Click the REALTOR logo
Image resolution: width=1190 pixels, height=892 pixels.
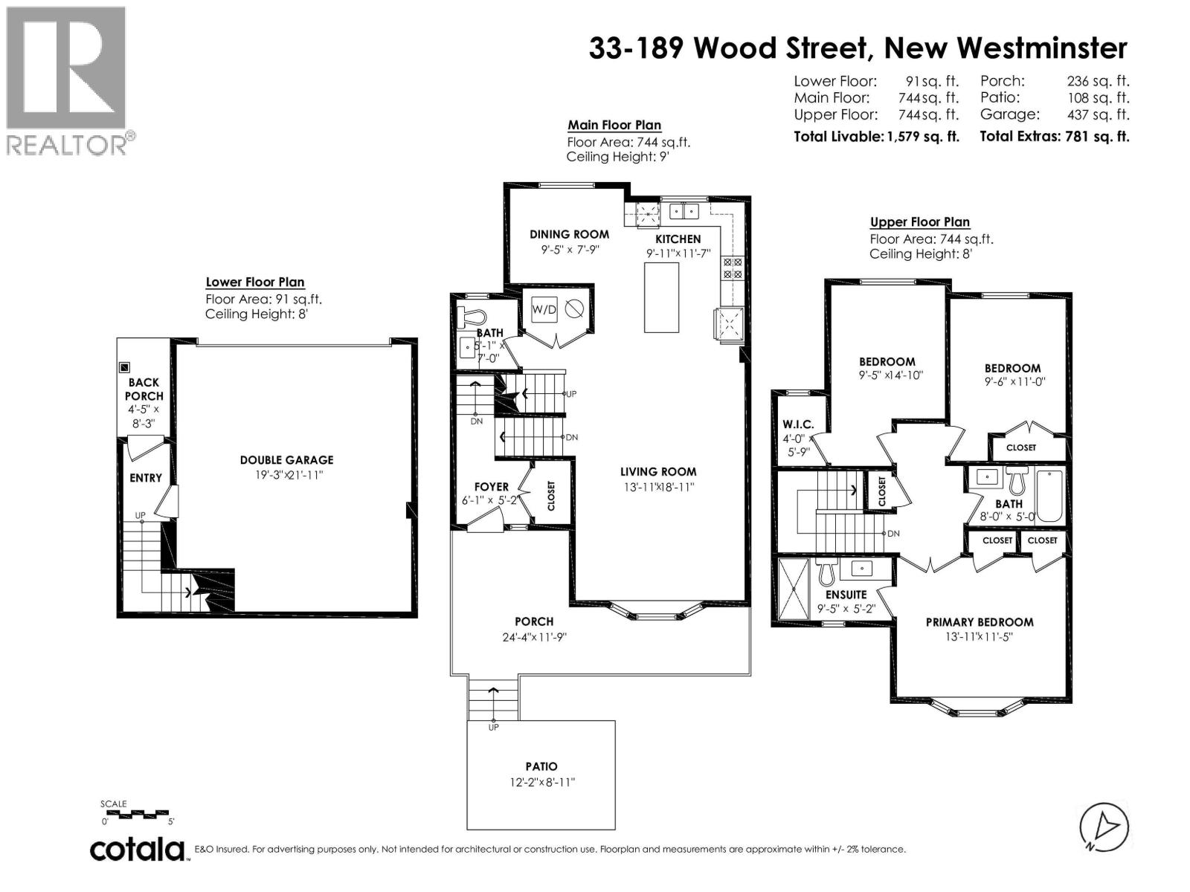pyautogui.click(x=71, y=81)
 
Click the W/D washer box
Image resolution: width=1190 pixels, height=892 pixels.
pyautogui.click(x=544, y=310)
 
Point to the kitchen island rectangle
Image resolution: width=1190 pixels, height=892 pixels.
pyautogui.click(x=661, y=297)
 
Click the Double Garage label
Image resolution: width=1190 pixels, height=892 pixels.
pyautogui.click(x=287, y=460)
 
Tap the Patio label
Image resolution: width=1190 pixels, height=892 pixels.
pyautogui.click(x=541, y=766)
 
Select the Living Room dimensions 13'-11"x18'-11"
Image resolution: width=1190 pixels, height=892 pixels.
pyautogui.click(x=659, y=487)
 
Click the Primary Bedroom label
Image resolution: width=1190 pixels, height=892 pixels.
pyautogui.click(x=979, y=622)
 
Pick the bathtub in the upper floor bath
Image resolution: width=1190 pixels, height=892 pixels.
pyautogui.click(x=1049, y=496)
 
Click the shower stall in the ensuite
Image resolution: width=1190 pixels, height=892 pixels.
pyautogui.click(x=794, y=588)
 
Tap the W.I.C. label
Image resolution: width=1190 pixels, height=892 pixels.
pyautogui.click(x=798, y=424)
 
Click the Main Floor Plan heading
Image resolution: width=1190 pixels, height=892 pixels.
pyautogui.click(x=614, y=125)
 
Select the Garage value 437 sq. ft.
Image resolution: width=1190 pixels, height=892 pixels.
pyautogui.click(x=1099, y=114)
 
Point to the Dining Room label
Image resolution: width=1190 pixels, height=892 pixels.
pyautogui.click(x=569, y=234)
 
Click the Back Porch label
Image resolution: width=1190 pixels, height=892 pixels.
pyautogui.click(x=144, y=390)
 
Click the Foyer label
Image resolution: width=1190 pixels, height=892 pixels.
pyautogui.click(x=491, y=487)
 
